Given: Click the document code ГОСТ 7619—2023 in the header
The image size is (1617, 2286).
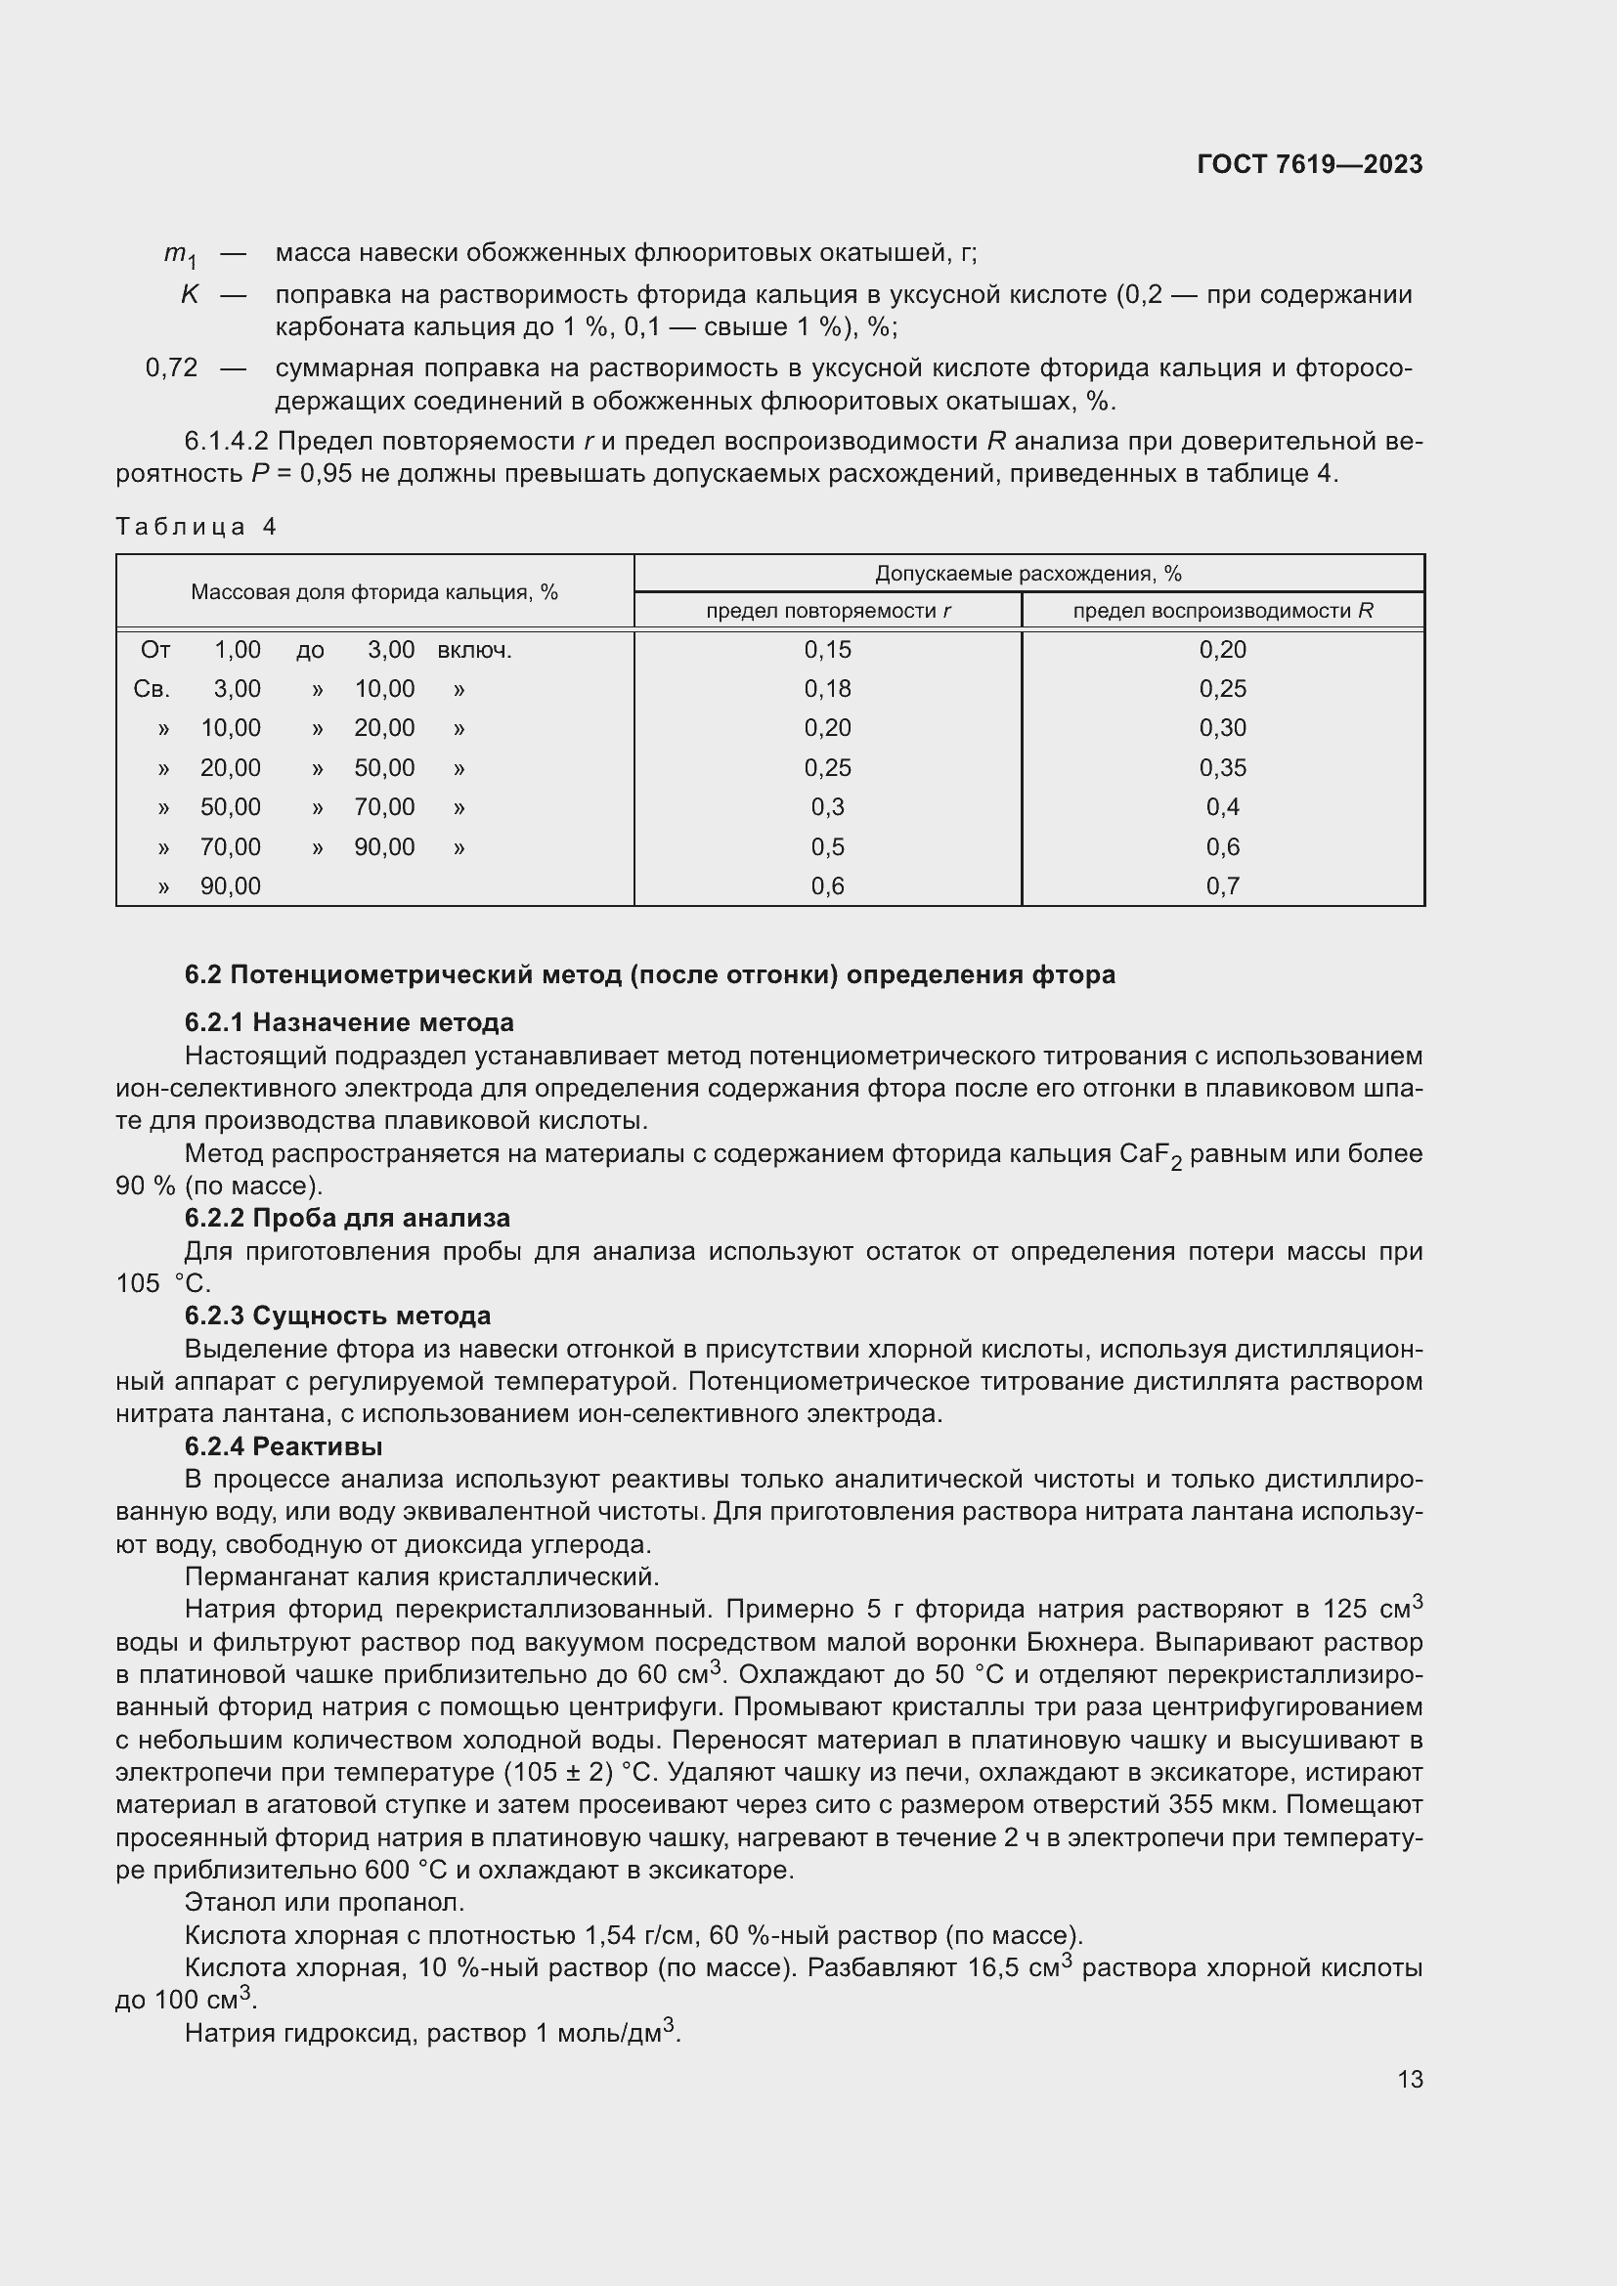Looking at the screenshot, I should [1309, 164].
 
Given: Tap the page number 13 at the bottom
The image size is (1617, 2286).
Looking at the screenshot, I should [1410, 2079].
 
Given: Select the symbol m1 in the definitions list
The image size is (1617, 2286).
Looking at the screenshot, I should [180, 255].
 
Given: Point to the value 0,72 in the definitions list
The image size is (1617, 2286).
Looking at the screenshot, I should [171, 367].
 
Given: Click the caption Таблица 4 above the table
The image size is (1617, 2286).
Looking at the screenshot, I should [197, 527].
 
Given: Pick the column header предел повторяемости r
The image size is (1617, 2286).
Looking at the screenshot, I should [827, 610].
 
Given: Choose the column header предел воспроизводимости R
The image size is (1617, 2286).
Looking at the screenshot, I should [1222, 610].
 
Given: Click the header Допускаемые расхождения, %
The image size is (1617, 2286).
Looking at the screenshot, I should [1027, 574].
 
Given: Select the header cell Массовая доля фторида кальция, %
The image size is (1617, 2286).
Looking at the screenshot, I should [374, 592].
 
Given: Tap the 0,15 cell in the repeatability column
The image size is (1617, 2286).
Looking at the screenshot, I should [827, 650].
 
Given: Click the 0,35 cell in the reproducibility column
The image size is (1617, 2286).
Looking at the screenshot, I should [1222, 767].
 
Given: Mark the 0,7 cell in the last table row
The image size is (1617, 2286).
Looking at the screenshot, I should [1222, 886].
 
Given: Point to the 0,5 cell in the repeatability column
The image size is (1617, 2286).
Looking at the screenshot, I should [827, 847].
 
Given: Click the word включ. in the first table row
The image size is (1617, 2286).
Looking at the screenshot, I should [474, 650].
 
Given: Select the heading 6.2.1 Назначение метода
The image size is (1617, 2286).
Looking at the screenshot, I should [348, 1022].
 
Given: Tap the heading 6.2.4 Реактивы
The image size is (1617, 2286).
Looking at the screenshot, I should [284, 1445].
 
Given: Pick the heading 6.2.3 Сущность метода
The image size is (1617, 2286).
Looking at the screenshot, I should [337, 1316].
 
